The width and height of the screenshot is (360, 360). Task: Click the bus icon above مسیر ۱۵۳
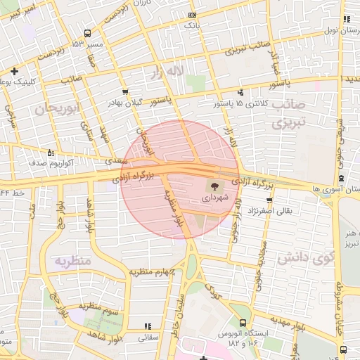86,33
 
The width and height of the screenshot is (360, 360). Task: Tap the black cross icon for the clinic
15,71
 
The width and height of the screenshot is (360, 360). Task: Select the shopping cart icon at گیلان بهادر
125,92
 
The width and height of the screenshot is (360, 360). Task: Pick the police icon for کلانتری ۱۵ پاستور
241,92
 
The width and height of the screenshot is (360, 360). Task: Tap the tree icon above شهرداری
211,186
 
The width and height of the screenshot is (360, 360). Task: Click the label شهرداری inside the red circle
211,199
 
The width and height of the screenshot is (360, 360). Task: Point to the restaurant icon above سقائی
147,326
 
